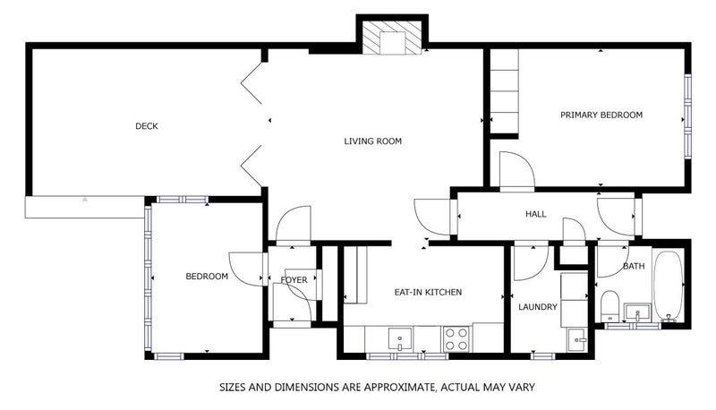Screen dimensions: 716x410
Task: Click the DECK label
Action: pos(147,126)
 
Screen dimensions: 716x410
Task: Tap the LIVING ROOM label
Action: pos(372,141)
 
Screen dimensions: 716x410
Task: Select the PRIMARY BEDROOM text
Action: pos(601,115)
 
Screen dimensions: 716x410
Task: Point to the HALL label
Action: pos(535,214)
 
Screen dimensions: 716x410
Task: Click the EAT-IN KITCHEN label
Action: pos(428,292)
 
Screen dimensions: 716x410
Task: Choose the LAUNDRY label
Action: pos(538,307)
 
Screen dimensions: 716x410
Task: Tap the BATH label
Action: pos(634,266)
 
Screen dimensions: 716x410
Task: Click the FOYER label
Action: pos(294,280)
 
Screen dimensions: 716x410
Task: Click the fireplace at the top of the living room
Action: pos(391,38)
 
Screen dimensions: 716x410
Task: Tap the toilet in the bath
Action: pos(609,306)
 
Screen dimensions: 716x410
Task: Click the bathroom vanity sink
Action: pos(637,312)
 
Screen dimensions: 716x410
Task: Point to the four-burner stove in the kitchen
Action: pos(456,339)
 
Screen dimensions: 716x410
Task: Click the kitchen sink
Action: pos(400,338)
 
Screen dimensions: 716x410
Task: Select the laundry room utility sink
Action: pos(577,339)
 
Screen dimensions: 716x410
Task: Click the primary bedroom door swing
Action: pos(517,171)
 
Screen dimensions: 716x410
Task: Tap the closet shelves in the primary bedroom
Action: pos(504,91)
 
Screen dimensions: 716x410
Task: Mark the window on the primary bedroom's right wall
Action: pos(687,116)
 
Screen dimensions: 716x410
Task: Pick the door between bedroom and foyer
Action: pos(247,269)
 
